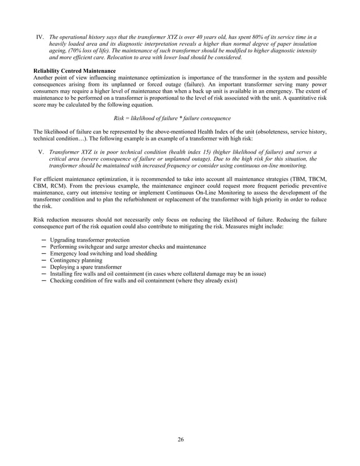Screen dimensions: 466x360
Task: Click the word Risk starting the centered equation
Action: pyautogui.click(x=120, y=118)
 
